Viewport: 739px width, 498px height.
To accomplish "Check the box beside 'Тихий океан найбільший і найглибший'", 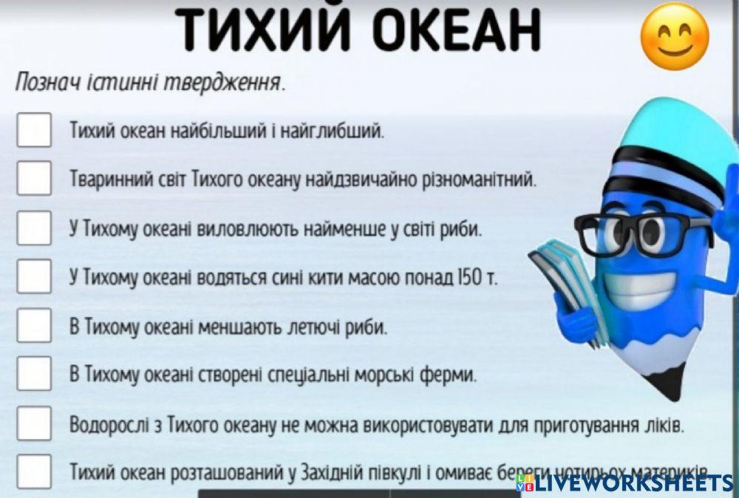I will pos(34,131).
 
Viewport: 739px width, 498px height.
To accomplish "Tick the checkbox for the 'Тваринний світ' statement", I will pos(34,178).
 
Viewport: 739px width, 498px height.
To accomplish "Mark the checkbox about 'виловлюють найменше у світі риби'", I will pos(34,228).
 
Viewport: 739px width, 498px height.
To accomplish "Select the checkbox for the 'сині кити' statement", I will pos(34,276).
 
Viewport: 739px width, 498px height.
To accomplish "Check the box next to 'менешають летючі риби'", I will pos(34,325).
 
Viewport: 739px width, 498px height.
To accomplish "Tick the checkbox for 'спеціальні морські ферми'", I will pos(34,373).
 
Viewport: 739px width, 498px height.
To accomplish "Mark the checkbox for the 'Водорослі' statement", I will pos(34,423).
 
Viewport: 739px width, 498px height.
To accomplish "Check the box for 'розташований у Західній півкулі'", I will pos(34,471).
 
